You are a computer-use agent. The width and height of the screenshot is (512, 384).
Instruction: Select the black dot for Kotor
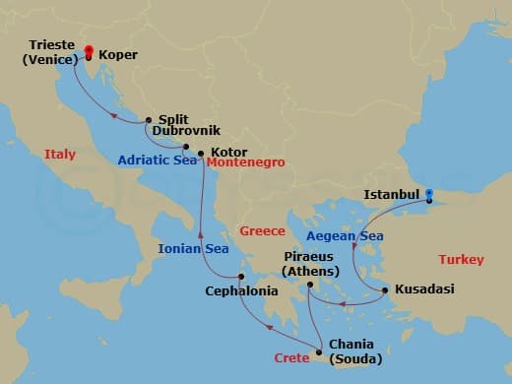[x=200, y=154]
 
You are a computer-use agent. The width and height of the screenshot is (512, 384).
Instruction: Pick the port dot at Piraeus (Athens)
[x=309, y=286]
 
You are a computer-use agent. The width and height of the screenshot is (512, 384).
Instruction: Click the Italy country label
[x=60, y=154]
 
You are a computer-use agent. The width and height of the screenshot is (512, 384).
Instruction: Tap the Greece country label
[x=262, y=231]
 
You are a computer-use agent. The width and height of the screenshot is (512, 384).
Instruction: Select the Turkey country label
[x=461, y=260]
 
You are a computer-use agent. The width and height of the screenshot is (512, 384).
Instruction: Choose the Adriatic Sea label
[x=158, y=160]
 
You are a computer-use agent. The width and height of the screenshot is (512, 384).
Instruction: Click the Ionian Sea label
[x=194, y=249]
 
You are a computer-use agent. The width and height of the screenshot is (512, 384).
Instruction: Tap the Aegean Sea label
[x=344, y=236]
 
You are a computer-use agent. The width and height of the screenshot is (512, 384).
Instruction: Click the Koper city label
[x=118, y=56]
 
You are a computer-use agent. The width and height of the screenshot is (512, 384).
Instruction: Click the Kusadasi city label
[x=425, y=290]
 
